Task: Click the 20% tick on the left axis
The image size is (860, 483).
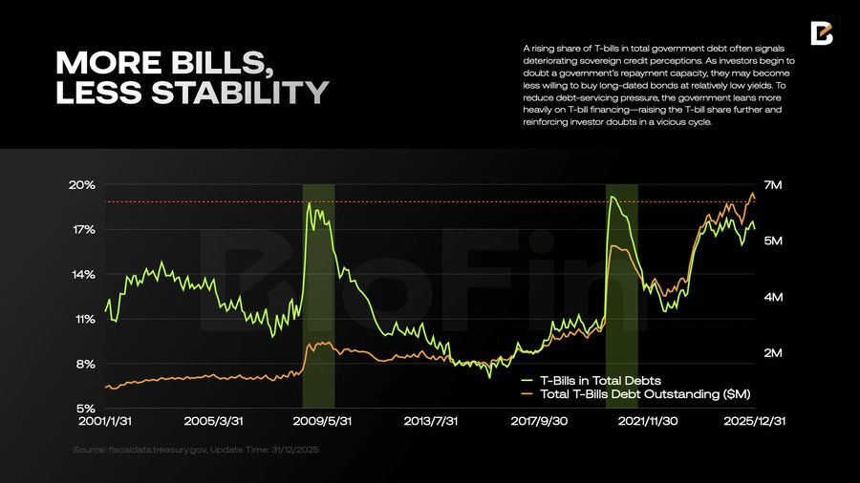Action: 82,185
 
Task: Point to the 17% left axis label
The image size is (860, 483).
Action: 82,230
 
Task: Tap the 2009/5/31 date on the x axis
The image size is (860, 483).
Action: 322,421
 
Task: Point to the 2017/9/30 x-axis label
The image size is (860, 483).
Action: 540,421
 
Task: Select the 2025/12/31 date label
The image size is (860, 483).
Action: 755,421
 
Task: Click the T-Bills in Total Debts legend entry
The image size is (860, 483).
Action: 599,380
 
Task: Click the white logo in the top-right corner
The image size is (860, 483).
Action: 821,32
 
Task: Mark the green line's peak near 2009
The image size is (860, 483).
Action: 309,203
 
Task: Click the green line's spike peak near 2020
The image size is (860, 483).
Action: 612,198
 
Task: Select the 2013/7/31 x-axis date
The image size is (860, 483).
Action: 431,421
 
